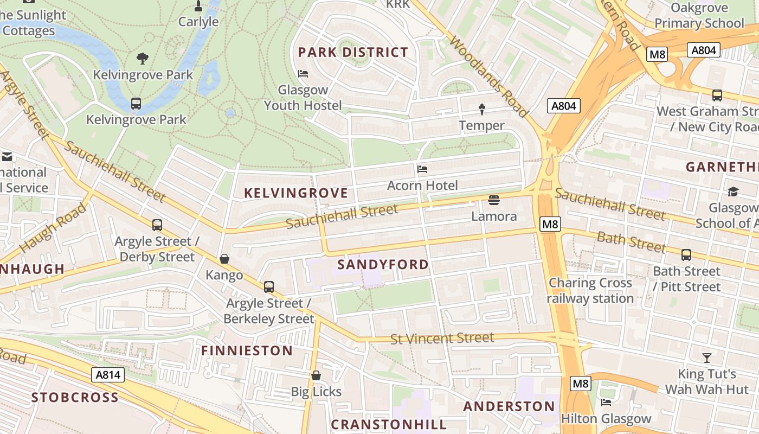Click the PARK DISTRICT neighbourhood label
coord(353,53)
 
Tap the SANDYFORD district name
coord(383,265)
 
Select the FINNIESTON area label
coord(247,351)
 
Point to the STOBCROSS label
coord(75,398)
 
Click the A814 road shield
coord(109,375)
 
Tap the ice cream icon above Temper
coord(482,110)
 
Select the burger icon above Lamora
coord(493,200)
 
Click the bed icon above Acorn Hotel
coord(422,169)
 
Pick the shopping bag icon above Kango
coord(224,259)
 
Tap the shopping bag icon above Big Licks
coord(316,375)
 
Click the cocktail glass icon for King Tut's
coord(707,358)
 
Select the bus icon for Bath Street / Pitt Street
coord(686,254)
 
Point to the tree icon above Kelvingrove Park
coord(143,58)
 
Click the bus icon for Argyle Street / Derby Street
coord(157,225)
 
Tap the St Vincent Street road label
coord(442,339)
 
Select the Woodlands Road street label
coord(488,76)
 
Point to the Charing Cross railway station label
coord(590,291)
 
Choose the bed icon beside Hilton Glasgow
coord(606,402)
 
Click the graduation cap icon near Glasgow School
coord(733,192)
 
